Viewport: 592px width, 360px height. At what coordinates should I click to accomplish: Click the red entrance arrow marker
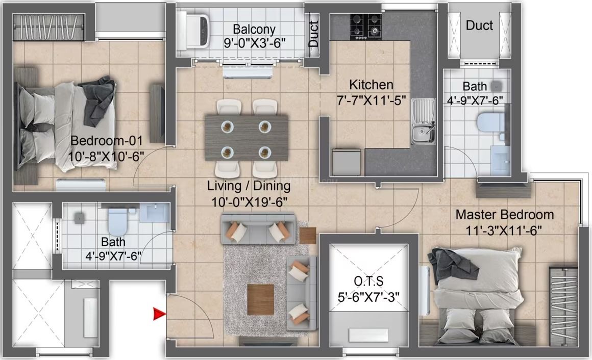(159, 315)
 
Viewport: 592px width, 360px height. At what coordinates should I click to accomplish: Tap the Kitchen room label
(371, 85)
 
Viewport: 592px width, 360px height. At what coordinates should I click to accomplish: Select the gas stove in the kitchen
(365, 25)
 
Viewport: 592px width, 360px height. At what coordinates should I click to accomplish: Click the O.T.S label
(369, 281)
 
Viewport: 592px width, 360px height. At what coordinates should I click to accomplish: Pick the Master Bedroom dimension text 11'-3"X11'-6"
(504, 230)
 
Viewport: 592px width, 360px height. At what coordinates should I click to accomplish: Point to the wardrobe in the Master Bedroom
(563, 306)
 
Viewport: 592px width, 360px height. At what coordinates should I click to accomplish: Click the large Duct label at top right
(479, 25)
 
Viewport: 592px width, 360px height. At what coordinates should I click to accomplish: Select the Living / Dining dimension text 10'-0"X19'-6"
(249, 201)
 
